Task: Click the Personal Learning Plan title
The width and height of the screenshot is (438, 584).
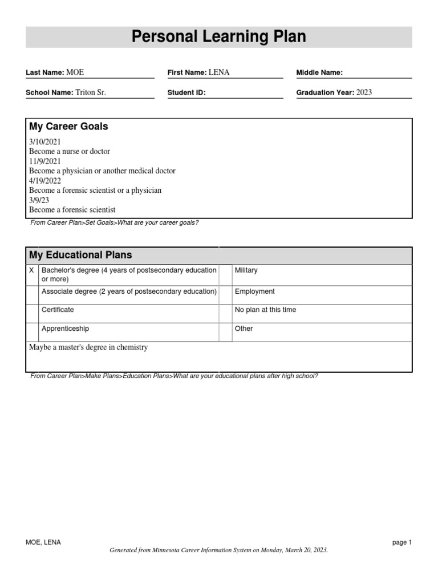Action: coord(219,37)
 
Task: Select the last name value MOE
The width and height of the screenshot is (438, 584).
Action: coord(75,72)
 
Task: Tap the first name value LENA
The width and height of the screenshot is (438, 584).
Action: coord(219,72)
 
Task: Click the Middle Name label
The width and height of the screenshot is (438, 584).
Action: coord(319,72)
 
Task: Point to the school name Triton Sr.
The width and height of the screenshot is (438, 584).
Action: coord(91,92)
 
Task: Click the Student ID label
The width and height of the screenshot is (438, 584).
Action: coord(186,93)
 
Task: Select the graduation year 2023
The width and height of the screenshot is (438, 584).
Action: coord(364,92)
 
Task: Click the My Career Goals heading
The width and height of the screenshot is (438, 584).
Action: coord(68,127)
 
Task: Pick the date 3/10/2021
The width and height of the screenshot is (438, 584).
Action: coord(45,141)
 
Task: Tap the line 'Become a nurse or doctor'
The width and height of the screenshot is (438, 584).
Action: coord(70,151)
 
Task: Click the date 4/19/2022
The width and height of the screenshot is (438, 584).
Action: coord(45,181)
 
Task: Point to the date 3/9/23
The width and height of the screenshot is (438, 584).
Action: coord(39,200)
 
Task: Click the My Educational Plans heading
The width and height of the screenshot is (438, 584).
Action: coord(80,255)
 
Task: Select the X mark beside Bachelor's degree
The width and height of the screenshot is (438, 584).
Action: coord(31,270)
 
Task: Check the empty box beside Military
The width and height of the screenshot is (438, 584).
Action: coord(225,275)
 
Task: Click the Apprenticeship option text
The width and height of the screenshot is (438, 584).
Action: coord(65,328)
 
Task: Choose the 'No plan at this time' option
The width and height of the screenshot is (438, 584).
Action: coord(265,310)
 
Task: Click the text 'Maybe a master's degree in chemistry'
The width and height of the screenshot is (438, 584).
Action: coord(88,347)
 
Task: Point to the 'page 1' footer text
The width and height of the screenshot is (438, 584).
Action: coord(401,542)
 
